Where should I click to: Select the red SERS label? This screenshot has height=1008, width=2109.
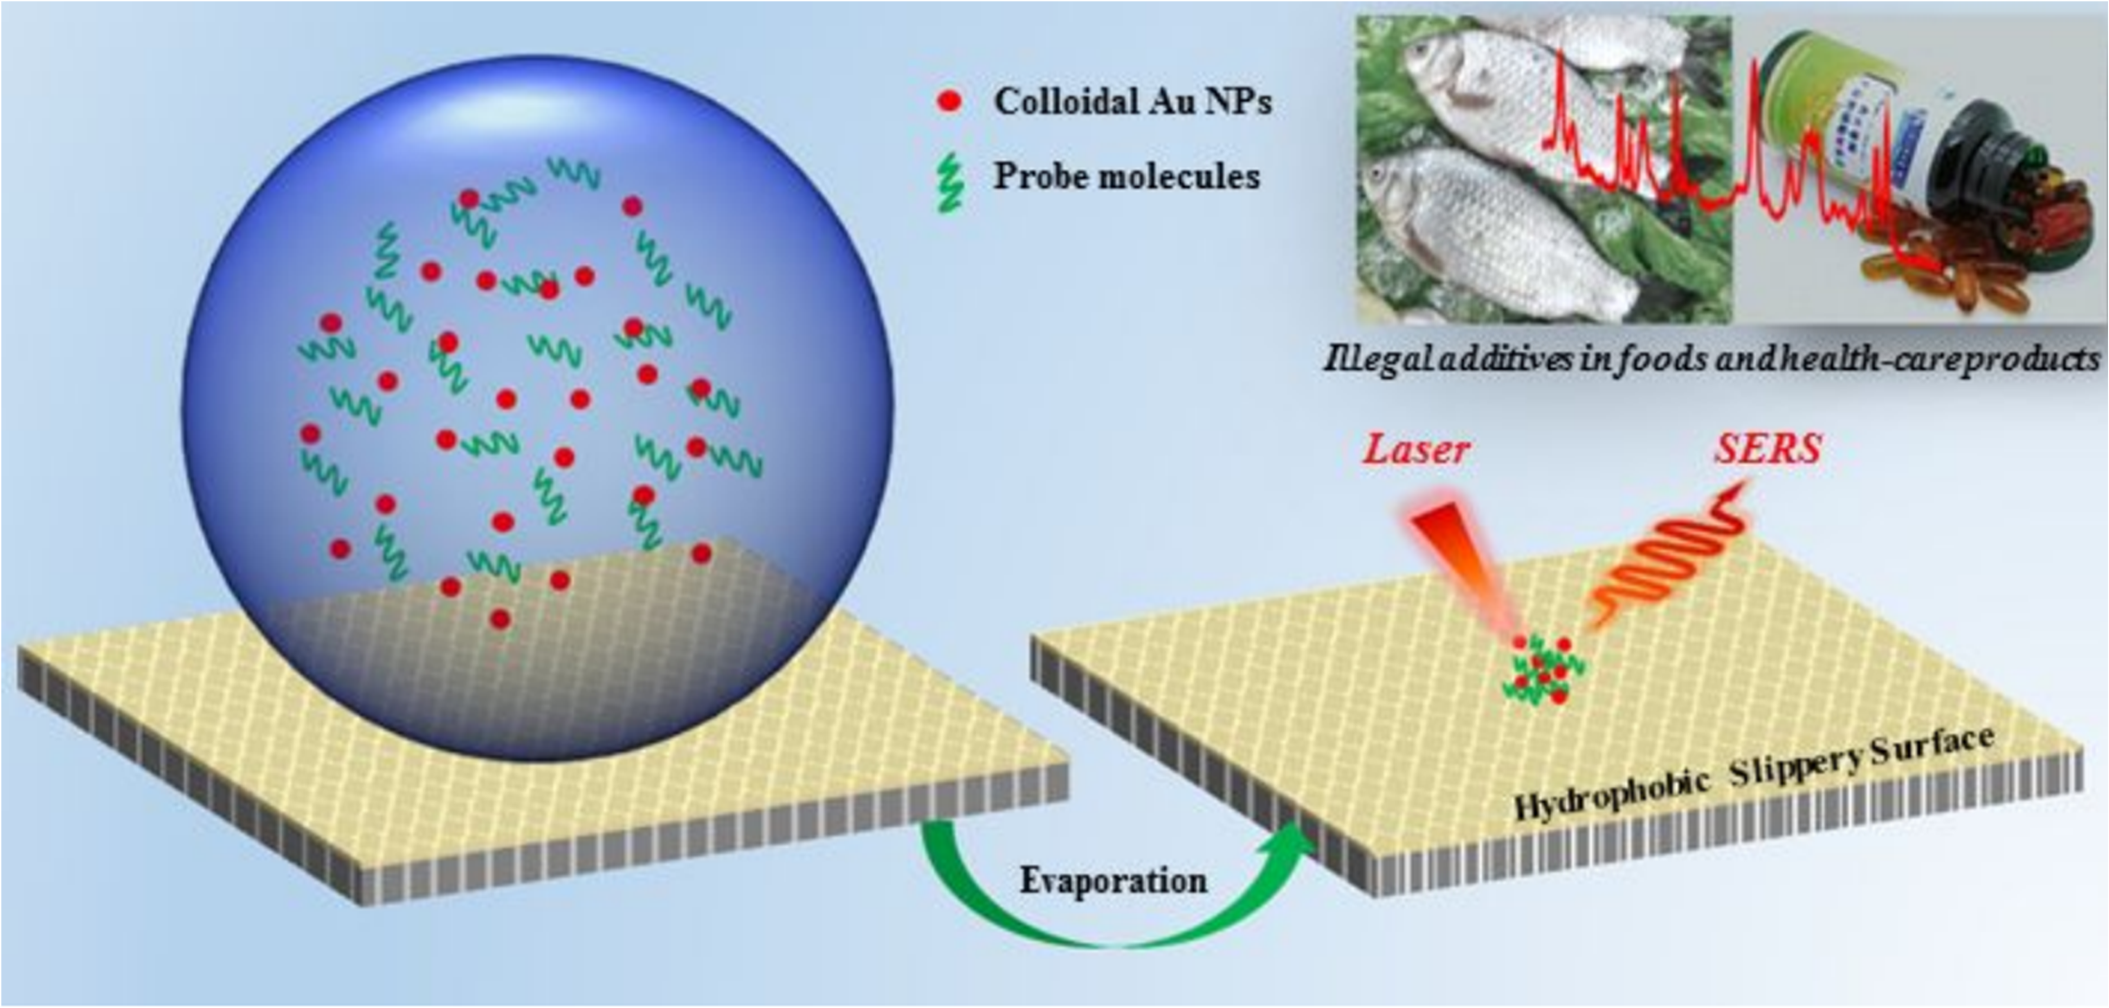tap(1768, 449)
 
